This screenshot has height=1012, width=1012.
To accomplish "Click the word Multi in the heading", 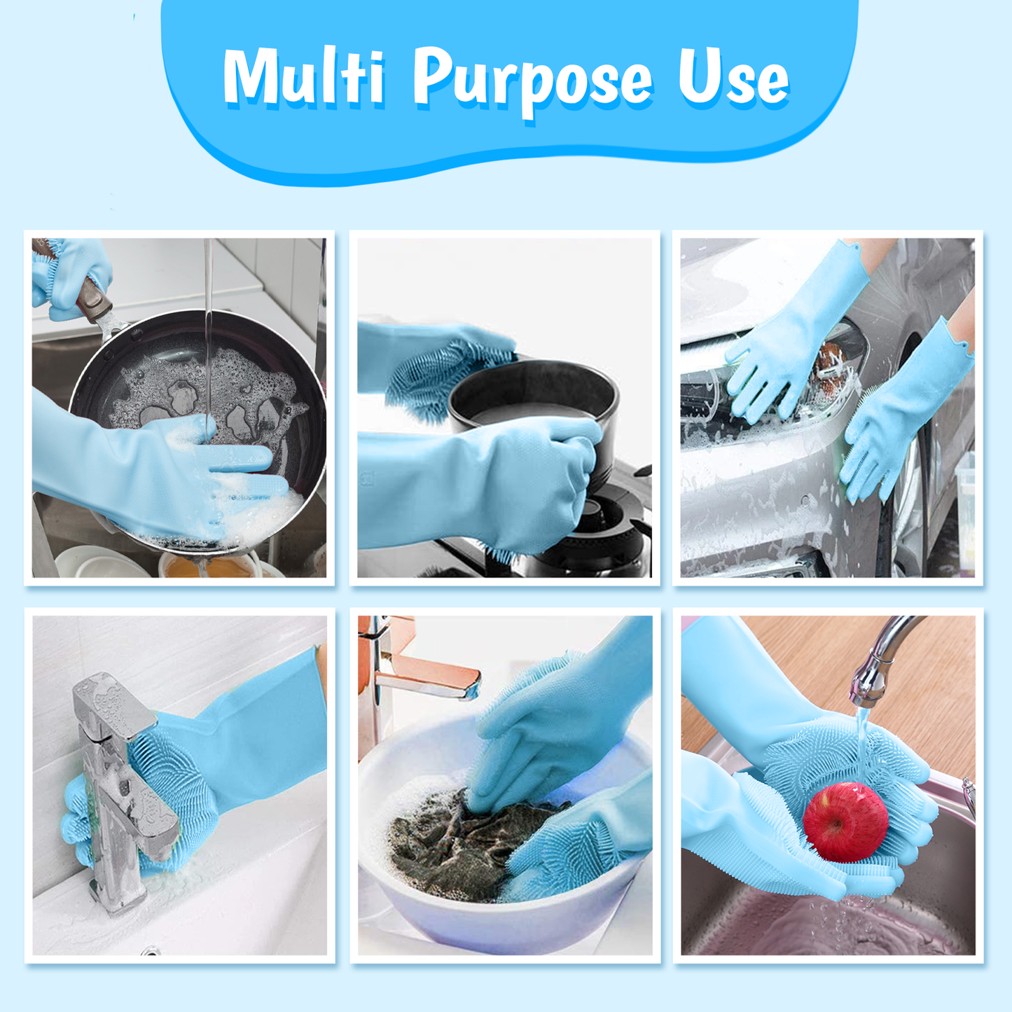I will (304, 78).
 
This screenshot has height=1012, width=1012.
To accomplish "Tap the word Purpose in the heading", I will (532, 81).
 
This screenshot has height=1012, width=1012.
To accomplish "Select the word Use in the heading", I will (733, 78).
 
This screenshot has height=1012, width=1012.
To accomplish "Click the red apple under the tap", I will (845, 822).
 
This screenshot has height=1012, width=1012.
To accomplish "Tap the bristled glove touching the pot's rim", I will (448, 364).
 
